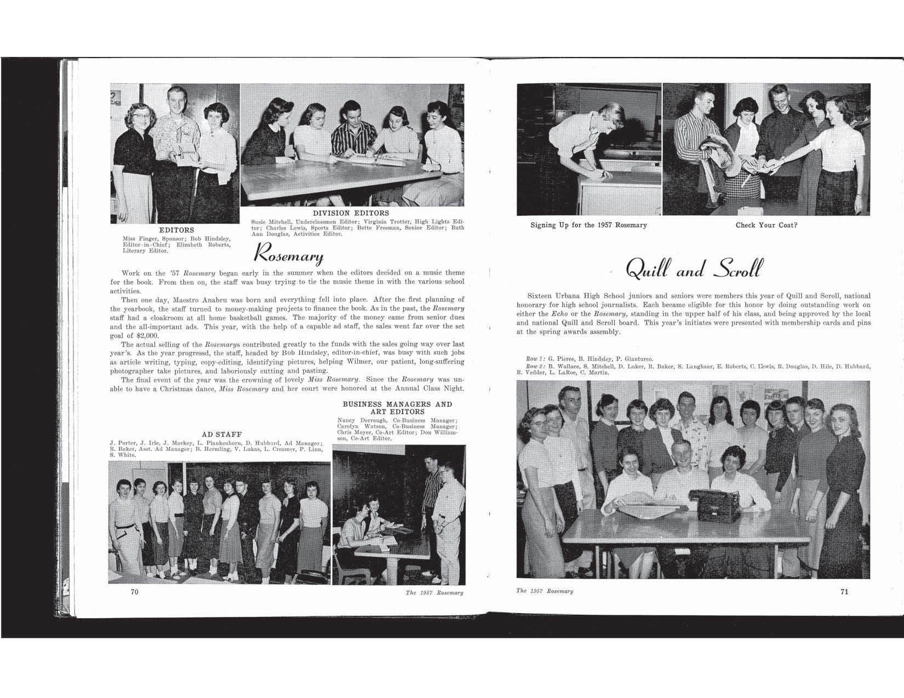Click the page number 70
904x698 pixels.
point(134,592)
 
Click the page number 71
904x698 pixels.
point(844,591)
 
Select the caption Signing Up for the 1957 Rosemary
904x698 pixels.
point(588,225)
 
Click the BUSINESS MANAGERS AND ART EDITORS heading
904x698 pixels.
point(397,408)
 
